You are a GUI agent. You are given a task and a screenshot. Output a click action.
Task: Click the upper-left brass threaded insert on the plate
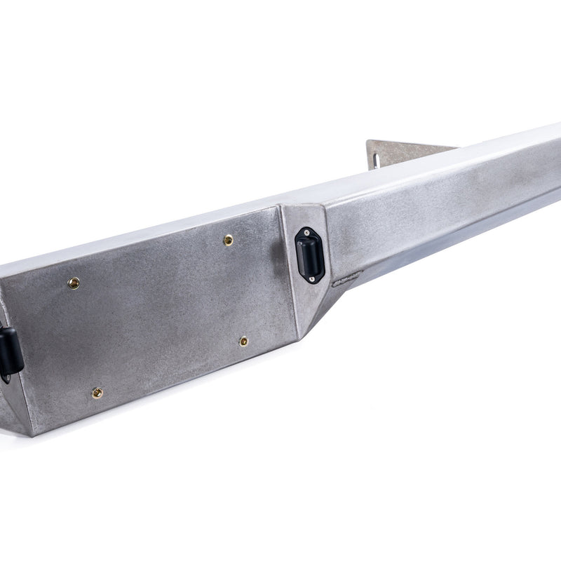[73, 283]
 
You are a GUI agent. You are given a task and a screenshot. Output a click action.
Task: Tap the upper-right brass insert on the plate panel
[229, 240]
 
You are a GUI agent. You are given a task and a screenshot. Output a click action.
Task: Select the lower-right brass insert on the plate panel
[243, 342]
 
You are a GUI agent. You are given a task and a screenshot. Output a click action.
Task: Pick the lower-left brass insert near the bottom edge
[97, 393]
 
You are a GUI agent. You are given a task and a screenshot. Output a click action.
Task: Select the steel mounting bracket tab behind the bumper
[400, 152]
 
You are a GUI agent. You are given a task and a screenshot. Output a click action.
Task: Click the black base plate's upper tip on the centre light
[306, 227]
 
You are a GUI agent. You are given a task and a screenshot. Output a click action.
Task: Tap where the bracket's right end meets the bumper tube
[456, 148]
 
